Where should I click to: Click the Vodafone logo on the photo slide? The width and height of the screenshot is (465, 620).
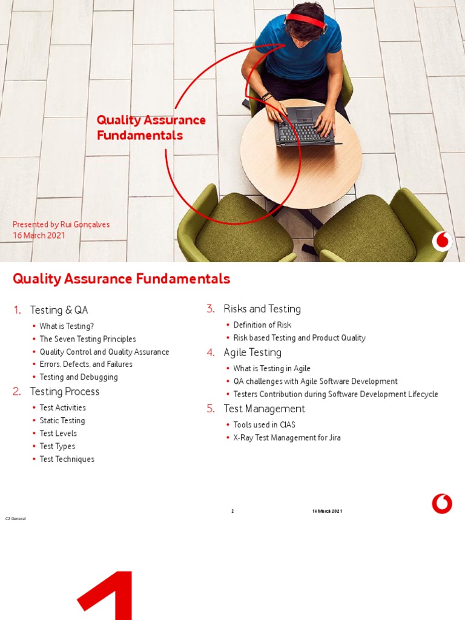442,241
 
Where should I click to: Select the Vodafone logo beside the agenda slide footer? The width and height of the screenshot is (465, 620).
442,504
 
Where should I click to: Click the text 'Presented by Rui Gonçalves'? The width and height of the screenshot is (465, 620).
61,225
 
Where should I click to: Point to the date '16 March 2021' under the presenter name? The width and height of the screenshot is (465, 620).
39,236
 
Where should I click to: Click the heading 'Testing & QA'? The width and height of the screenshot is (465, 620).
59,310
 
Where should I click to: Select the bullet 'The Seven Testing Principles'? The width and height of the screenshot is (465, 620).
88,339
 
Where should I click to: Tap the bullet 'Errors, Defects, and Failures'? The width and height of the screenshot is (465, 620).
86,364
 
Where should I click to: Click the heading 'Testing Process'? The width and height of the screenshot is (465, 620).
65,392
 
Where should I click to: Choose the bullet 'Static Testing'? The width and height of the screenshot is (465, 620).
62,421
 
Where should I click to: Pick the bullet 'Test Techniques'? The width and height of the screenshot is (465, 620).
67,460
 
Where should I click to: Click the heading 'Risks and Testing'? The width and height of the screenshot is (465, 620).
262,309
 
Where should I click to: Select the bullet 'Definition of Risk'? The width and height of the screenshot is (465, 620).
262,325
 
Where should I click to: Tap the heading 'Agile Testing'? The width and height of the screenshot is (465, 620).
252,352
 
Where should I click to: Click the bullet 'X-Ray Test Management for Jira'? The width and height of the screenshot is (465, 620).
287,438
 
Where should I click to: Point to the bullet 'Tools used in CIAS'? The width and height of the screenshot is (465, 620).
265,425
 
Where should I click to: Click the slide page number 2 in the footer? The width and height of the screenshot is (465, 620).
232,512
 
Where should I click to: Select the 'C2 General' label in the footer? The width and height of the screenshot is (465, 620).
16,519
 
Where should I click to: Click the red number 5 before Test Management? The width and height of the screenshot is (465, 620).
211,409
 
